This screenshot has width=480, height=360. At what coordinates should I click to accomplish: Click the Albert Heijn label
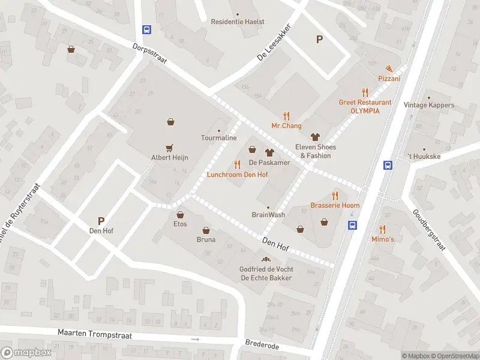click(169, 157)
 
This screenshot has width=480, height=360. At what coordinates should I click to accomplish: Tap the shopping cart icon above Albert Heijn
click(169, 147)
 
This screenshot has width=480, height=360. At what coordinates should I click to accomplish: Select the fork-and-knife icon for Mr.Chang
click(286, 116)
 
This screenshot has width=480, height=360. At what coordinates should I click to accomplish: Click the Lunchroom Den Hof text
click(237, 175)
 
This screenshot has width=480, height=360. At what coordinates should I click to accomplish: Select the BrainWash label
click(268, 214)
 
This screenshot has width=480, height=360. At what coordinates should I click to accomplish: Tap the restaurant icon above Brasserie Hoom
click(335, 195)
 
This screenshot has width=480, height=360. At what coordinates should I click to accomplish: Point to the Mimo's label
click(382, 239)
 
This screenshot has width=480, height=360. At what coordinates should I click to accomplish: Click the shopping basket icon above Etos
click(180, 214)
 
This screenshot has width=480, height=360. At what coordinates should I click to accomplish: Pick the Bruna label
click(206, 239)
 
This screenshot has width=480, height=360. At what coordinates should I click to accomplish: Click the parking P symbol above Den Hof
click(101, 221)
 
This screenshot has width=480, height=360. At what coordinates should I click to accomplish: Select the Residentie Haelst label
click(238, 22)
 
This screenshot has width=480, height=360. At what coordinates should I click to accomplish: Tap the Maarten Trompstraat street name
click(92, 332)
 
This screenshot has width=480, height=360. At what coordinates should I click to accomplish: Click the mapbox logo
click(26, 353)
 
